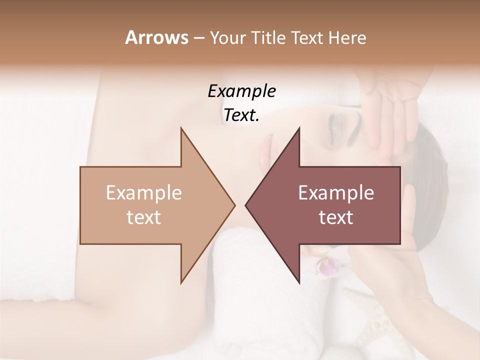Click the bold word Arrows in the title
156,38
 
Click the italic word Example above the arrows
241,91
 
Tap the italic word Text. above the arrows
241,115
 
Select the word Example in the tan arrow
144,193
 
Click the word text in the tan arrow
144,217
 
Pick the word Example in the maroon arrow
336,193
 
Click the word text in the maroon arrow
336,217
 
